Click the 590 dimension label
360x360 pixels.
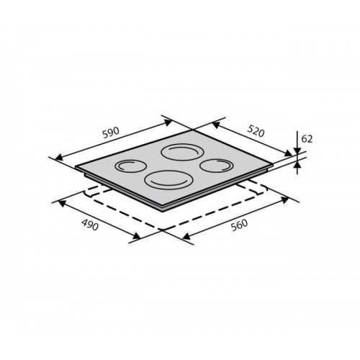pyautogui.click(x=111, y=132)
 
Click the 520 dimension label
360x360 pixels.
pyautogui.click(x=256, y=131)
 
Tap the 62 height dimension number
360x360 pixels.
pyautogui.click(x=307, y=139)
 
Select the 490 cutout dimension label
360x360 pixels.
pyautogui.click(x=90, y=225)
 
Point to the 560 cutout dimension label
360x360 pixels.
pyautogui.click(x=239, y=225)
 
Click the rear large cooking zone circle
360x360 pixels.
pyautogui.click(x=182, y=152)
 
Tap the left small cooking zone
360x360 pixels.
pyautogui.click(x=131, y=166)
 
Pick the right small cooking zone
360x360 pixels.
pyautogui.click(x=217, y=166)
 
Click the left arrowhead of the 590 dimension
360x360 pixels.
pyautogui.click(x=59, y=157)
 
